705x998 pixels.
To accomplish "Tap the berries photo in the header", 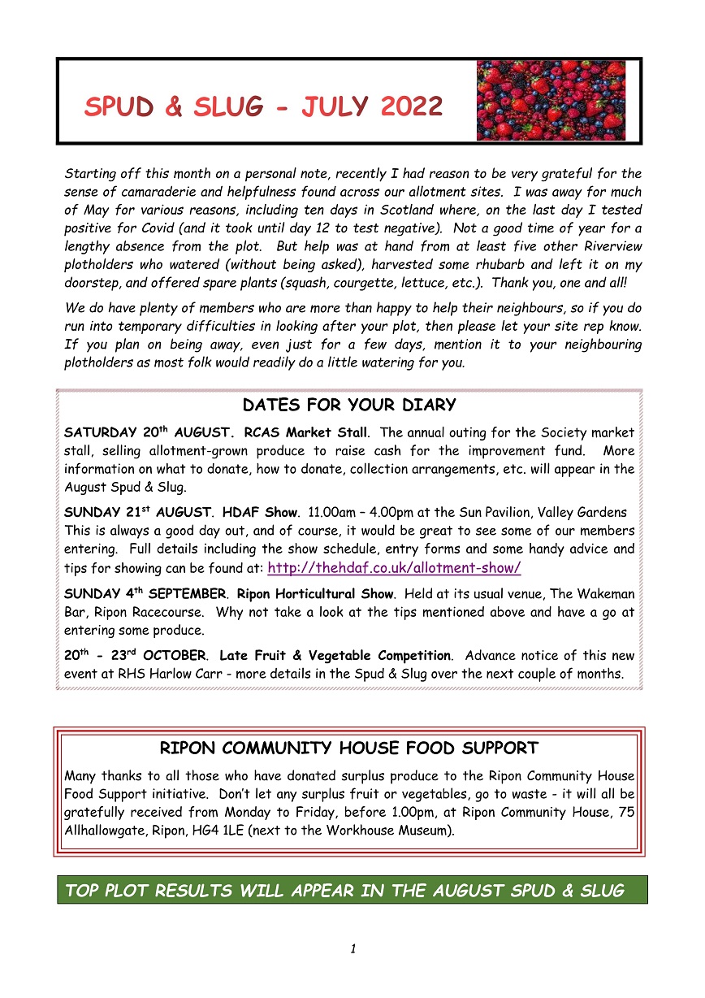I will pos(551,100).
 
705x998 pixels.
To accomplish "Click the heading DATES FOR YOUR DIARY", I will pos(349,405).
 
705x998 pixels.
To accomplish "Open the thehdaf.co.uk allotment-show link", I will pos(394,568).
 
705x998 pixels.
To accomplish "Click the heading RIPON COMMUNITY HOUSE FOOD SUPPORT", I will pos(349,748).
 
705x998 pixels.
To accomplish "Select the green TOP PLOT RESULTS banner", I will pos(352,890).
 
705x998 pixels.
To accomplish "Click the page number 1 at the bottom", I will pos(353,948).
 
